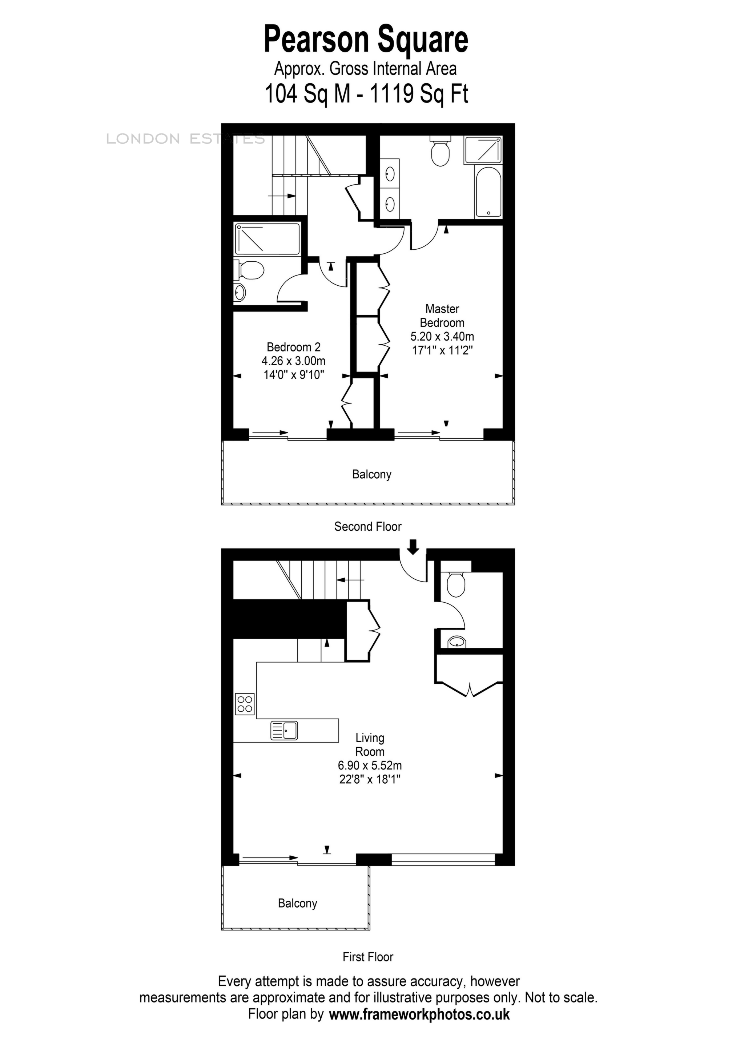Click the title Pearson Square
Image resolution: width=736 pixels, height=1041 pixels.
click(x=366, y=40)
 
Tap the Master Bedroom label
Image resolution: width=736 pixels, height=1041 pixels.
click(x=442, y=315)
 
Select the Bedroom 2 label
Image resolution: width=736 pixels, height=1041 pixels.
click(x=293, y=347)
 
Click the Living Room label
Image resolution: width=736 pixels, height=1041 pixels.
click(x=370, y=744)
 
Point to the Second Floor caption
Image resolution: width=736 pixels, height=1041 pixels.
click(x=367, y=526)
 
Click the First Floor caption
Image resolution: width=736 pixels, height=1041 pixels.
click(x=367, y=957)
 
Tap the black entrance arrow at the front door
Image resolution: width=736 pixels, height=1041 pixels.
click(x=413, y=547)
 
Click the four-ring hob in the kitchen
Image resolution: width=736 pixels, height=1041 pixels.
click(x=245, y=704)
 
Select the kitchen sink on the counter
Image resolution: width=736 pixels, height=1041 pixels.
click(x=284, y=731)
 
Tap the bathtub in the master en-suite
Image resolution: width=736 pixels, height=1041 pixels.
click(x=488, y=192)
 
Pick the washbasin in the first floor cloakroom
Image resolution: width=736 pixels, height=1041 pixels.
click(x=457, y=642)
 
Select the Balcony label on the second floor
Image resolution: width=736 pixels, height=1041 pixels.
click(x=371, y=474)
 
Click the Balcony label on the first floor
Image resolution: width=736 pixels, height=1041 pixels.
click(x=297, y=903)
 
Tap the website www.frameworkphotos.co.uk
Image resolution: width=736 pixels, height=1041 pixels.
click(x=419, y=1015)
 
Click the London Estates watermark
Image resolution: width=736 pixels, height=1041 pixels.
click(x=185, y=139)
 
